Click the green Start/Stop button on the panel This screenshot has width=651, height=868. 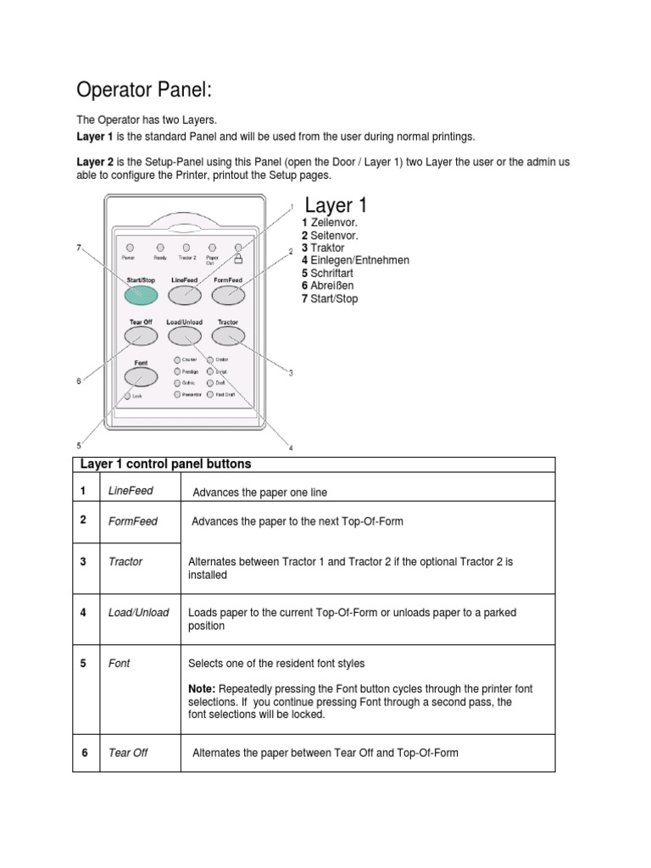click(141, 294)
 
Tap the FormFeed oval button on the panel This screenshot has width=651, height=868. click(227, 294)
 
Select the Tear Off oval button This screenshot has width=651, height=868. click(141, 337)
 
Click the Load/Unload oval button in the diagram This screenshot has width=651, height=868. click(184, 337)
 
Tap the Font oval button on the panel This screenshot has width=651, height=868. click(140, 376)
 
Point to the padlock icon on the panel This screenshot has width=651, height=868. click(238, 256)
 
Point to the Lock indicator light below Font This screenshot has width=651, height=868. click(127, 395)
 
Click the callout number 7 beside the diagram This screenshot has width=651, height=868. click(78, 248)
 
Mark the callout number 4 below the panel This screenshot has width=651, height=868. click(291, 448)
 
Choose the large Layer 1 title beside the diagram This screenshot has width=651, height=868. click(336, 206)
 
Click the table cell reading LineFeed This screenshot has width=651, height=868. click(131, 492)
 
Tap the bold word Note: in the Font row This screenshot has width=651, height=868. click(203, 689)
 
